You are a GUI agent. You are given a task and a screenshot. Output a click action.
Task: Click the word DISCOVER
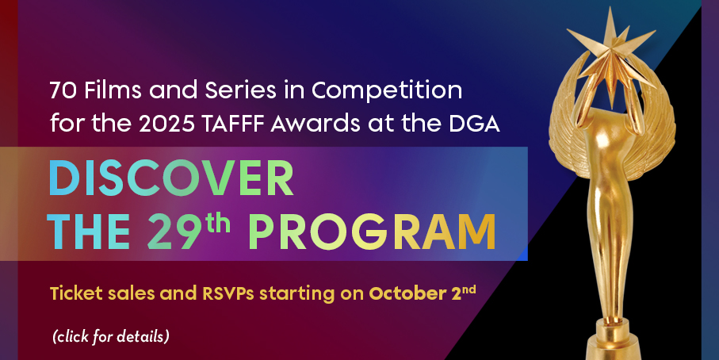pos(170,178)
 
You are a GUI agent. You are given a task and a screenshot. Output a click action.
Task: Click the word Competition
pos(387,92)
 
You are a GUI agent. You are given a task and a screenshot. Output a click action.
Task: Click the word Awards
pos(308,124)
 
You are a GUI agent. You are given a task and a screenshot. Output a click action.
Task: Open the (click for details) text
pos(111,337)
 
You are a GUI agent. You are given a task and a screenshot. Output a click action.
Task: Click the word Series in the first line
pos(240,91)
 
